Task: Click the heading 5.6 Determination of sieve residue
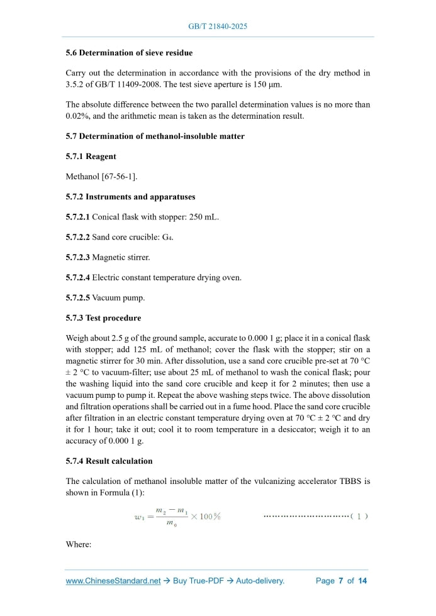pyautogui.click(x=129, y=53)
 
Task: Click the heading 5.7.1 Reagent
pyautogui.click(x=91, y=157)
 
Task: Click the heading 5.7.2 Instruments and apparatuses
pyautogui.click(x=130, y=197)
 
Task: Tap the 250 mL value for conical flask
pyautogui.click(x=204, y=217)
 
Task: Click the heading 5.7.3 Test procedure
pyautogui.click(x=103, y=317)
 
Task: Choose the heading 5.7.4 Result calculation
pyautogui.click(x=109, y=461)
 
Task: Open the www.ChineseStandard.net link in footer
pyautogui.click(x=113, y=581)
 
